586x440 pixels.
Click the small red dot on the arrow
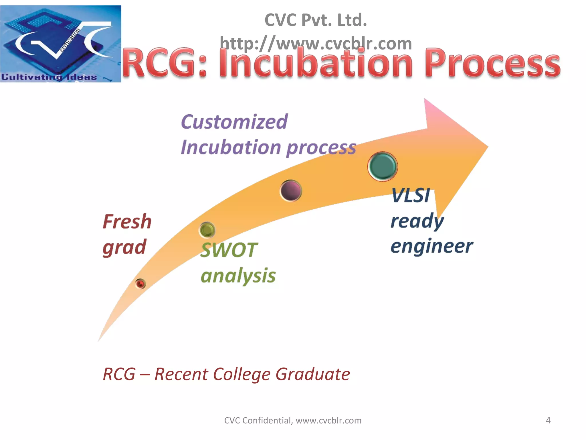(x=140, y=284)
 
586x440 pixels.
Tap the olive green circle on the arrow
(x=207, y=230)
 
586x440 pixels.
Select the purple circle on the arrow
(x=291, y=191)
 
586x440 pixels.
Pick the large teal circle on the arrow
(x=383, y=166)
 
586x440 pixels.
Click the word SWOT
(x=229, y=250)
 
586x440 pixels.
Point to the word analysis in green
(x=238, y=276)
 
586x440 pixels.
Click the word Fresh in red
(x=127, y=222)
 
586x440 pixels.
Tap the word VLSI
(x=411, y=196)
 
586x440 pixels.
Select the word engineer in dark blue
(x=431, y=246)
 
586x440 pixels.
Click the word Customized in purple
(x=234, y=122)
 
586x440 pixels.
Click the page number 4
(x=548, y=420)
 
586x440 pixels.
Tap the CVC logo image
(x=60, y=44)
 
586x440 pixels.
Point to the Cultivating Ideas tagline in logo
(x=49, y=77)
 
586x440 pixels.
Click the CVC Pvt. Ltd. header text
(x=316, y=20)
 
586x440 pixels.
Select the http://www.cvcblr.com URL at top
(x=316, y=44)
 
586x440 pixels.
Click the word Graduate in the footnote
(x=312, y=374)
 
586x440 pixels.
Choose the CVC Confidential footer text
(x=292, y=420)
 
